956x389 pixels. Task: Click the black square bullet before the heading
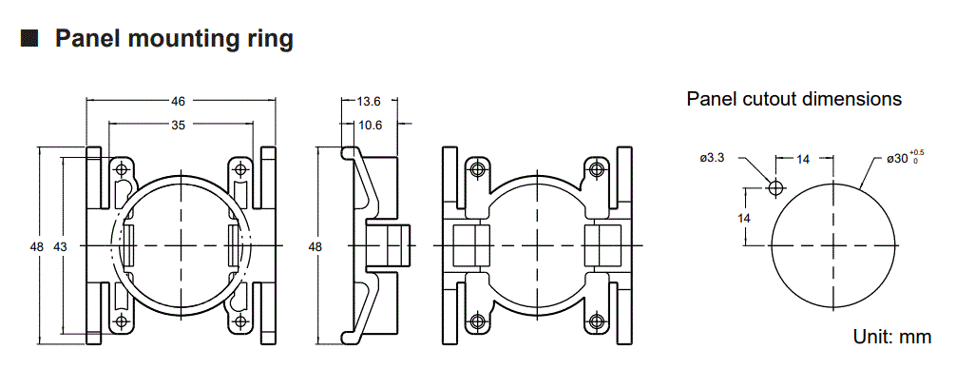[x=29, y=38]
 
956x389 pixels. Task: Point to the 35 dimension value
[x=179, y=125]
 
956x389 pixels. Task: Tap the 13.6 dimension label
[x=370, y=101]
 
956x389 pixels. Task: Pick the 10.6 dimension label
[x=371, y=126]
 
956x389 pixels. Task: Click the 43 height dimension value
[x=60, y=246]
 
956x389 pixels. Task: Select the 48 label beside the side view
[x=315, y=246]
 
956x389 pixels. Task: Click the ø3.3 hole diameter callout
[x=712, y=158]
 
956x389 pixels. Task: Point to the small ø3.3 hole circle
[x=775, y=187]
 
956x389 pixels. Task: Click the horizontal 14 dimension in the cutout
[x=803, y=160]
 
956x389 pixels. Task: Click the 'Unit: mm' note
[x=892, y=337]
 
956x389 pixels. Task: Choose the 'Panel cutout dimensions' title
[x=793, y=99]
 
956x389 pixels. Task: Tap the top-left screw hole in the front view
[x=122, y=168]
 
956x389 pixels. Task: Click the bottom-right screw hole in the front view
[x=240, y=321]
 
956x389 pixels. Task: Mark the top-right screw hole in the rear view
[x=596, y=168]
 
